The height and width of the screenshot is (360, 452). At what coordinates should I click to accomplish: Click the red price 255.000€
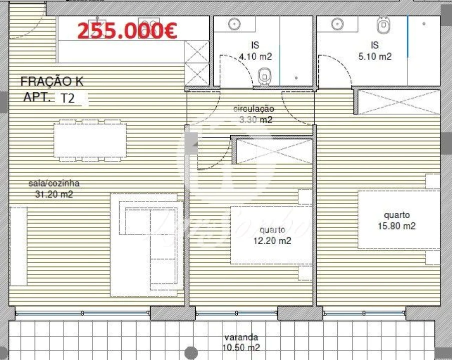pos(127,31)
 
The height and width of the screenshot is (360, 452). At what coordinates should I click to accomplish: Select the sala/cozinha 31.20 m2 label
pos(54,189)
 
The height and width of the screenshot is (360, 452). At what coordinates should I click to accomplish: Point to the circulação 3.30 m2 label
pos(254,114)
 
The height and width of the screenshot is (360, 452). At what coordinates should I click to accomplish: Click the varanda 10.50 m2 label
pos(241,342)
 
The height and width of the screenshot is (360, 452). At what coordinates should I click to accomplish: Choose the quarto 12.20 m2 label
pos(272,235)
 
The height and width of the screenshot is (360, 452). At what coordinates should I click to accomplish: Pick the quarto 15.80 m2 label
pos(396,220)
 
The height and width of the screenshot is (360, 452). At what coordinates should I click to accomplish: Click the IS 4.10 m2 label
pos(255,51)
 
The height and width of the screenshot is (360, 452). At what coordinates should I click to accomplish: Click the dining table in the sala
pos(90,140)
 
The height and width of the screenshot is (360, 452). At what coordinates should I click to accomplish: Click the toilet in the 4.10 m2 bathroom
pos(265,76)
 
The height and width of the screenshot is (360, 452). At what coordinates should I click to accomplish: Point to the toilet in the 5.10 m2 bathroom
pos(384,23)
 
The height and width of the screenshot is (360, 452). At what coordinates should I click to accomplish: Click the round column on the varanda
pos(191,353)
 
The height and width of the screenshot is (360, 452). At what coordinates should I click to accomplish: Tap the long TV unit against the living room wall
pos(19,245)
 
